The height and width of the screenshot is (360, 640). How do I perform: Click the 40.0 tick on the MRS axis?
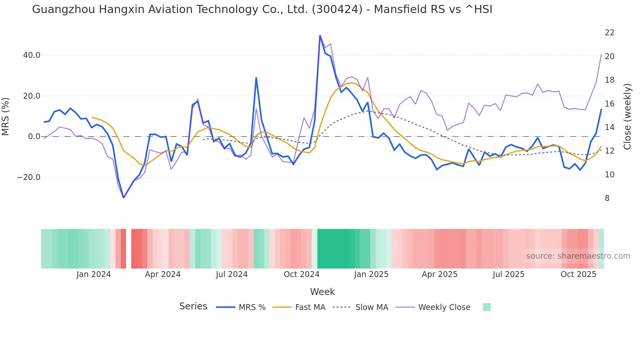31,55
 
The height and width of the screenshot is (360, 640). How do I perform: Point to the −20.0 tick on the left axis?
29,177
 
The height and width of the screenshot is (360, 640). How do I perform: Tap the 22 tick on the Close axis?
609,33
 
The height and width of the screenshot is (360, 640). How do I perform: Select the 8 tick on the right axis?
607,198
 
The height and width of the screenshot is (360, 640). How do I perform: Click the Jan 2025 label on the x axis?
371,274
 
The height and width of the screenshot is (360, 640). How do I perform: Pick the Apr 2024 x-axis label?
163,274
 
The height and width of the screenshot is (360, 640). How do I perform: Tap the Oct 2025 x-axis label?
578,274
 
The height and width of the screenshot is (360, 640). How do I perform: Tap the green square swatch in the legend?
487,307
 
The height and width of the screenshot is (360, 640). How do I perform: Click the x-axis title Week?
322,292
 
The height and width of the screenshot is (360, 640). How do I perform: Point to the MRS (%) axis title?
6,117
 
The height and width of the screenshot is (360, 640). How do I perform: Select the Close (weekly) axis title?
627,117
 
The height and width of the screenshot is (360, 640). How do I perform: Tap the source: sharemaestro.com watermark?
578,256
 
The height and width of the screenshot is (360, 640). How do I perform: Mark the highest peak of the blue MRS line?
320,35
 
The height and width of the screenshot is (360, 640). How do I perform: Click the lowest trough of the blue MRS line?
123,198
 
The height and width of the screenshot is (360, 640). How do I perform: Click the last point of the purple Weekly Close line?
601,55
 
